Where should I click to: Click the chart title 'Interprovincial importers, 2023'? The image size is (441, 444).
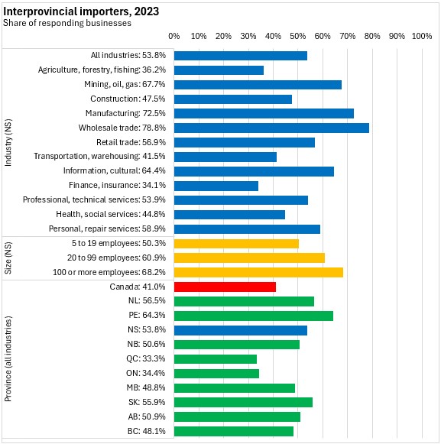(81, 11)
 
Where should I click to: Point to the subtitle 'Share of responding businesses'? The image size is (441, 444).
(67, 23)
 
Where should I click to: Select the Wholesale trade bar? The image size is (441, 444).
(271, 128)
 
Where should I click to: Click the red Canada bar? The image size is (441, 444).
(225, 287)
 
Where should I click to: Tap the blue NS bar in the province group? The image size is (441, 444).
(241, 330)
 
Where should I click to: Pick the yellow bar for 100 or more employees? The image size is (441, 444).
(258, 272)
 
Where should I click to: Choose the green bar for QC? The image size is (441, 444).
(216, 359)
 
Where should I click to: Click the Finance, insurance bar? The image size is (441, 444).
(216, 186)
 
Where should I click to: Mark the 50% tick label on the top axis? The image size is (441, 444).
(297, 36)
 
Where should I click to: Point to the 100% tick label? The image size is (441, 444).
(422, 36)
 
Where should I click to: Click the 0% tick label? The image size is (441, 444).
(174, 36)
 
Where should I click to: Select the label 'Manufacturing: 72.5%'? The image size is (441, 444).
(125, 113)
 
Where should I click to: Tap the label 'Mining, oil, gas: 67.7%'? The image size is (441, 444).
(125, 84)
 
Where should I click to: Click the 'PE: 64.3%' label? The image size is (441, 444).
(147, 315)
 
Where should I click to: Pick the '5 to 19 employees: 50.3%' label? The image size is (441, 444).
(118, 243)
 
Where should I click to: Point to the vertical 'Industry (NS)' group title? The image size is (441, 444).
(8, 142)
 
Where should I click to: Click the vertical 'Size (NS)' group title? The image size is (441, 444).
(8, 258)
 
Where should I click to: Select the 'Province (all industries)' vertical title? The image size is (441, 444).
(8, 358)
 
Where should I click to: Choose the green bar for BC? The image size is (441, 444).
(234, 431)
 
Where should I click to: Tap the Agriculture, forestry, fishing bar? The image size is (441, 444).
(219, 70)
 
